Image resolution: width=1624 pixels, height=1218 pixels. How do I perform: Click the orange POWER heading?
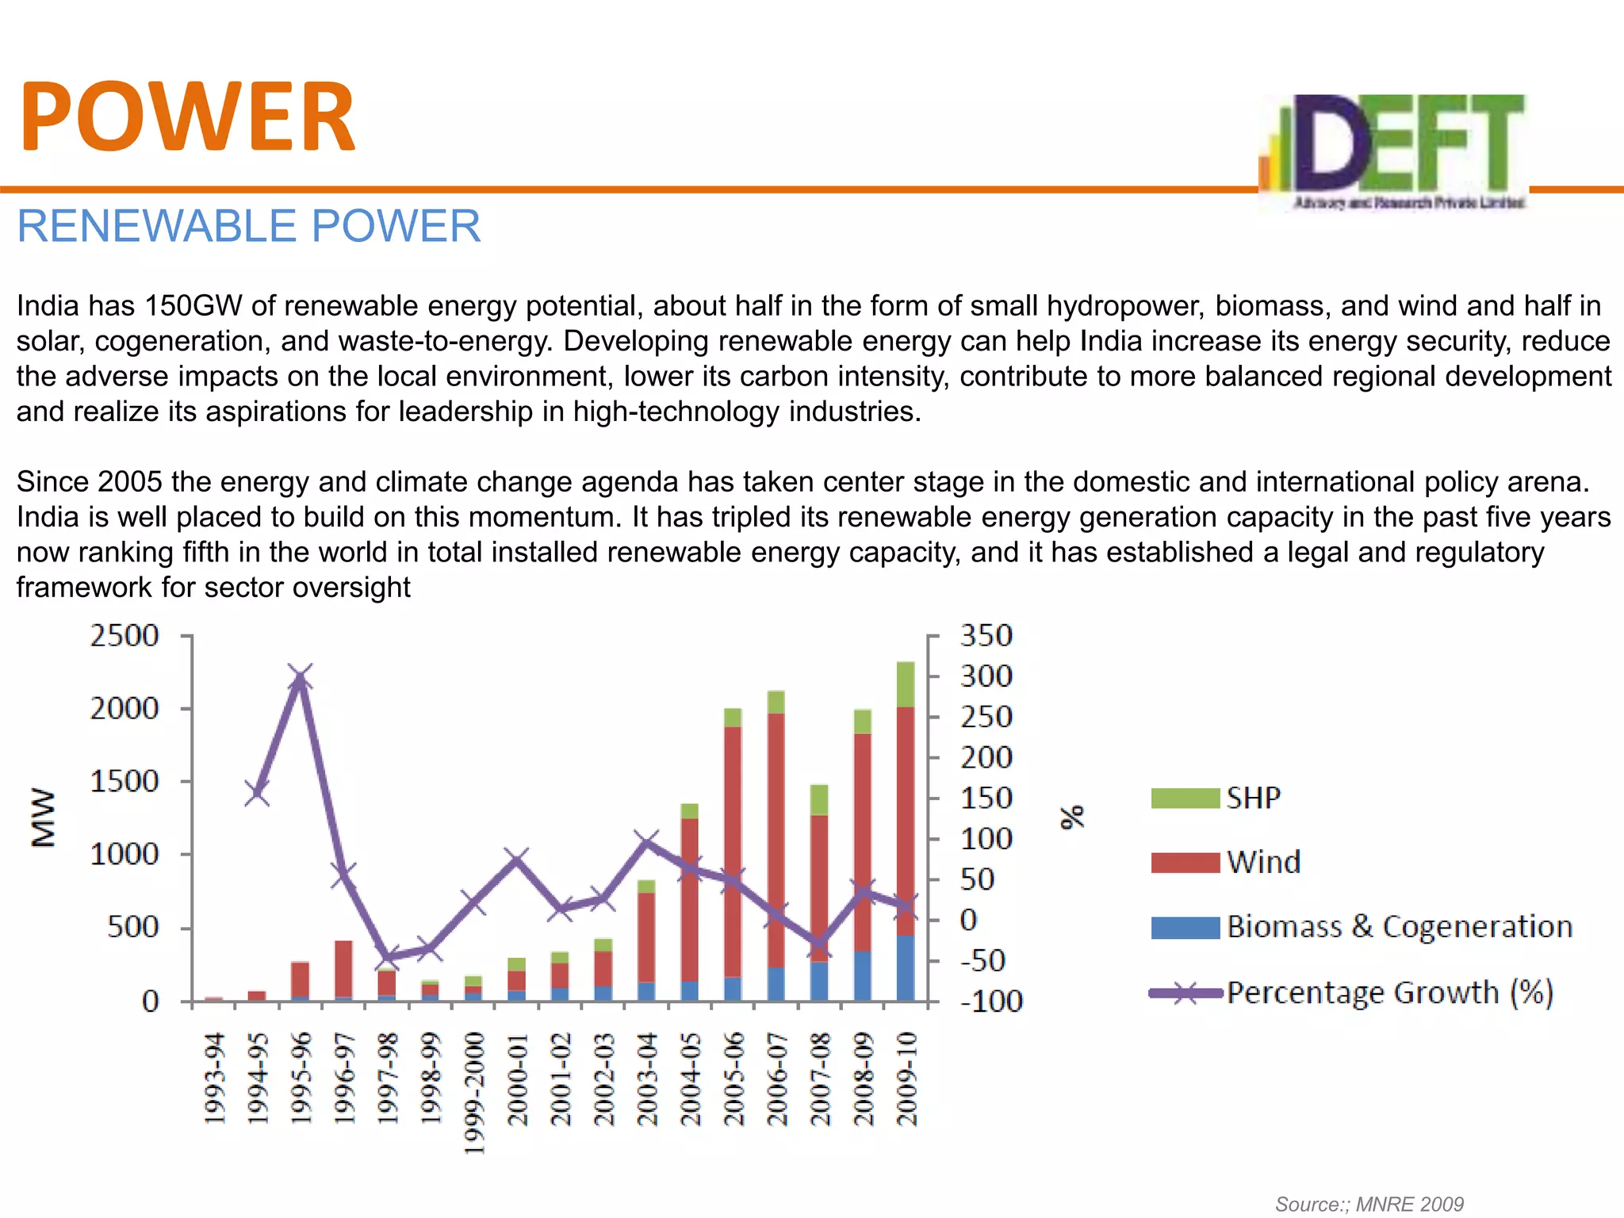(187, 117)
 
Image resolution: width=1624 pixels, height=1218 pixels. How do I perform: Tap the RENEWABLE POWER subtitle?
(248, 226)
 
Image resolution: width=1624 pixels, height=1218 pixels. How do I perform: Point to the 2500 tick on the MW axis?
(124, 636)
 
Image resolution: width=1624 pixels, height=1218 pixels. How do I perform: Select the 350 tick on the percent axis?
(986, 636)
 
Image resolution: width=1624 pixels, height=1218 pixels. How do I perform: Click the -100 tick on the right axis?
(990, 1002)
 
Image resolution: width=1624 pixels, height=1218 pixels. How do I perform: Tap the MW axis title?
(44, 818)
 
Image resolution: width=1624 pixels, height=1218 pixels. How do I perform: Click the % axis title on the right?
(1072, 817)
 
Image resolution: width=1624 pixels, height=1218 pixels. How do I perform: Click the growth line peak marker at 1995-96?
(299, 678)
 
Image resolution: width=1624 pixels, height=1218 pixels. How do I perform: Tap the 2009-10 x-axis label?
(906, 1078)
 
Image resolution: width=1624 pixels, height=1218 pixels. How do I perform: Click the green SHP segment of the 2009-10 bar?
(905, 684)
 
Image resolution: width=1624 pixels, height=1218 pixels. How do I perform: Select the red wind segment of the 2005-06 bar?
(733, 848)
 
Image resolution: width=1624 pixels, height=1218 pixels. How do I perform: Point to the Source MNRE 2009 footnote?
(1369, 1205)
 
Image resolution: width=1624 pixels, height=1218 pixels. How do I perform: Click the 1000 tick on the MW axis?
(124, 855)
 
